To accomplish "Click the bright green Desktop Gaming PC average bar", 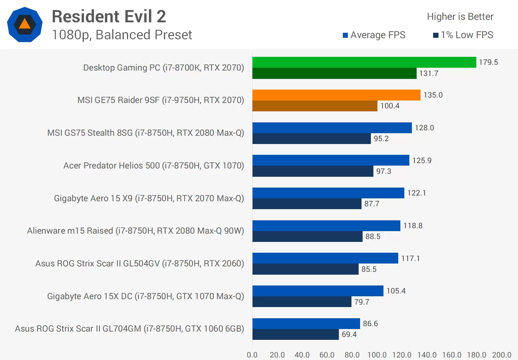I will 364,62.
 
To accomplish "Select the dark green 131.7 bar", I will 334,73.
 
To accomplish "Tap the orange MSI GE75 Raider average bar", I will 336,95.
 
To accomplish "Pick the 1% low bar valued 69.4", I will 295,334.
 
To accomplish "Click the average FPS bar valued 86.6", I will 306,324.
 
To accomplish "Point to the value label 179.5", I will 488,62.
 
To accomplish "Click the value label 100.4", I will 390,106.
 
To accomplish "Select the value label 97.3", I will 383,171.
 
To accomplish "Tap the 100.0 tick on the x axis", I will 377,355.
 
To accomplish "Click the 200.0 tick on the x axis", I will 501,355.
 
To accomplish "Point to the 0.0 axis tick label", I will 252,355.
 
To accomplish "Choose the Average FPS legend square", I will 345,35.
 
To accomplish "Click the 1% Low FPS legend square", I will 436,35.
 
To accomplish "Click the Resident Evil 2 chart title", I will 109,17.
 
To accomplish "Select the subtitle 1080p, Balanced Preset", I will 122,35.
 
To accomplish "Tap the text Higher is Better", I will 460,17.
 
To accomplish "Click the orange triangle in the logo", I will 24,24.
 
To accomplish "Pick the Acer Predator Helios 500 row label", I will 154,166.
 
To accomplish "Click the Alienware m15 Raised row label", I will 136,231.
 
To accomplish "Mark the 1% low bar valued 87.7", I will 307,204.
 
